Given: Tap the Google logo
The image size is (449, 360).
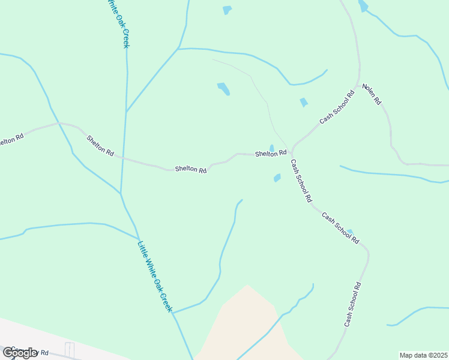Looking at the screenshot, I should coord(20,352).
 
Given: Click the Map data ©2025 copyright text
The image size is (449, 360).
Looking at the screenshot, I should coord(424,355).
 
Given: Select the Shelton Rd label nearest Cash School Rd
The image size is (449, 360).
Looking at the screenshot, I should coord(271,154).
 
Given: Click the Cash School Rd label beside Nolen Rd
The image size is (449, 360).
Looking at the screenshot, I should coord(337,107).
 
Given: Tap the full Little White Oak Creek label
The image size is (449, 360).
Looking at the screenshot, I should coord(155,276).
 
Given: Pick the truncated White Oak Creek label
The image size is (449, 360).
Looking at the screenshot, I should coord(118,24).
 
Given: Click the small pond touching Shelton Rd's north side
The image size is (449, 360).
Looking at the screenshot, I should coord(272,148).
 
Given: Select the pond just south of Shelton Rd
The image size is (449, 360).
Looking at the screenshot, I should coord(277,178).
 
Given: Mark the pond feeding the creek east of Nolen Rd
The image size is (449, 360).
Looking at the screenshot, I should coord(363,6).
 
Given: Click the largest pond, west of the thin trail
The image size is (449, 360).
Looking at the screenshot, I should coord(223,89).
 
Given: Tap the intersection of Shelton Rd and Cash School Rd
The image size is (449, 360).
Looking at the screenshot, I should coord(291,152).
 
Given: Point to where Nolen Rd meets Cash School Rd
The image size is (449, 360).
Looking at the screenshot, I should coord(359,86).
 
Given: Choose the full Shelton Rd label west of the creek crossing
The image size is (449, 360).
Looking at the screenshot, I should coord(100,146).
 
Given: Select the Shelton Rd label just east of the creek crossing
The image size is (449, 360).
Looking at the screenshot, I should coord(191,170).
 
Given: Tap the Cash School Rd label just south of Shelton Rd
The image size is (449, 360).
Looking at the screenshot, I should coord(301,180).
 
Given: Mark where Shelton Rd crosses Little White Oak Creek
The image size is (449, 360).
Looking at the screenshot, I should coord(124,158).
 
